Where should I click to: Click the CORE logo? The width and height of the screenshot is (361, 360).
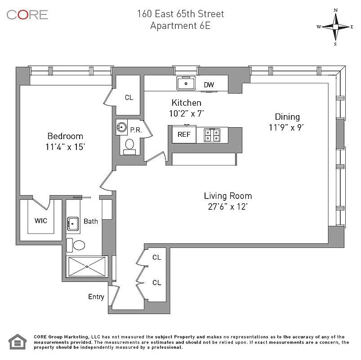tap(27, 14)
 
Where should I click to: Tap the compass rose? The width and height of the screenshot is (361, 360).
tap(335, 27)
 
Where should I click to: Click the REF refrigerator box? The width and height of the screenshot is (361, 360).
tap(184, 135)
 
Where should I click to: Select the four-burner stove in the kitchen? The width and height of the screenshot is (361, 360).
tap(211, 135)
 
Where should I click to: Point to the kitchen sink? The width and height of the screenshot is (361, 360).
tap(185, 83)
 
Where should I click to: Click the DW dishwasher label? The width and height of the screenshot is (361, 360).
tap(209, 85)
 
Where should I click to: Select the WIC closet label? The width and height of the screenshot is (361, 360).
tap(40, 221)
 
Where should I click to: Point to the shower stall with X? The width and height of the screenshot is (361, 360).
tap(87, 267)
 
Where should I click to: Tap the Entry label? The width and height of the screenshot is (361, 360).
tap(96, 297)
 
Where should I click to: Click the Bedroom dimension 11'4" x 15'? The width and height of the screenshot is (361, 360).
tap(66, 146)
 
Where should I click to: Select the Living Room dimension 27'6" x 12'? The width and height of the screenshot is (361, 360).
tap(227, 207)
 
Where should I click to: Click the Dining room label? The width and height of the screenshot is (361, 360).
tap(287, 117)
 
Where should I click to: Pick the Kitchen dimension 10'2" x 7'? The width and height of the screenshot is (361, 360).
tap(186, 114)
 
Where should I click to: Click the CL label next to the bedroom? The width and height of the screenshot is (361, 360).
tap(129, 98)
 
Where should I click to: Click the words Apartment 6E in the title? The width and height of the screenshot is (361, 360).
tap(180, 26)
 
